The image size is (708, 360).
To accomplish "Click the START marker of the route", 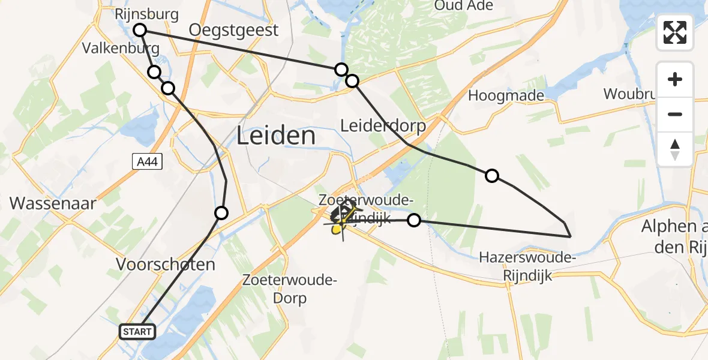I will point(138,332).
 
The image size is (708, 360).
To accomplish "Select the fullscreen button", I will point(675,32).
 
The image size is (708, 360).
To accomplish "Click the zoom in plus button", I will point(675,80).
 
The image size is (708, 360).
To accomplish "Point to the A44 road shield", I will point(147,161).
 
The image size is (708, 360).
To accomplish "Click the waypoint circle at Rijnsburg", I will point(140,30).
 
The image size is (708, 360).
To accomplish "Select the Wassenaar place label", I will point(53,203).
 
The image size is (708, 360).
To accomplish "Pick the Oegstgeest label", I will point(233,30).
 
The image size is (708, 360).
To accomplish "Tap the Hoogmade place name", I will point(506,95).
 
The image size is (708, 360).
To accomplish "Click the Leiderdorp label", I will point(383,126).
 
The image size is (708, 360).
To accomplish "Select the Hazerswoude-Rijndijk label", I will point(527,266).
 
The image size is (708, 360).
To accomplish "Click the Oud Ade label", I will point(463,6).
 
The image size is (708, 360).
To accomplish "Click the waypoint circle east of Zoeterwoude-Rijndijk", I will point(413,220).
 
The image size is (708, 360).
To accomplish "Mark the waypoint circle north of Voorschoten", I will point(221,212).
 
